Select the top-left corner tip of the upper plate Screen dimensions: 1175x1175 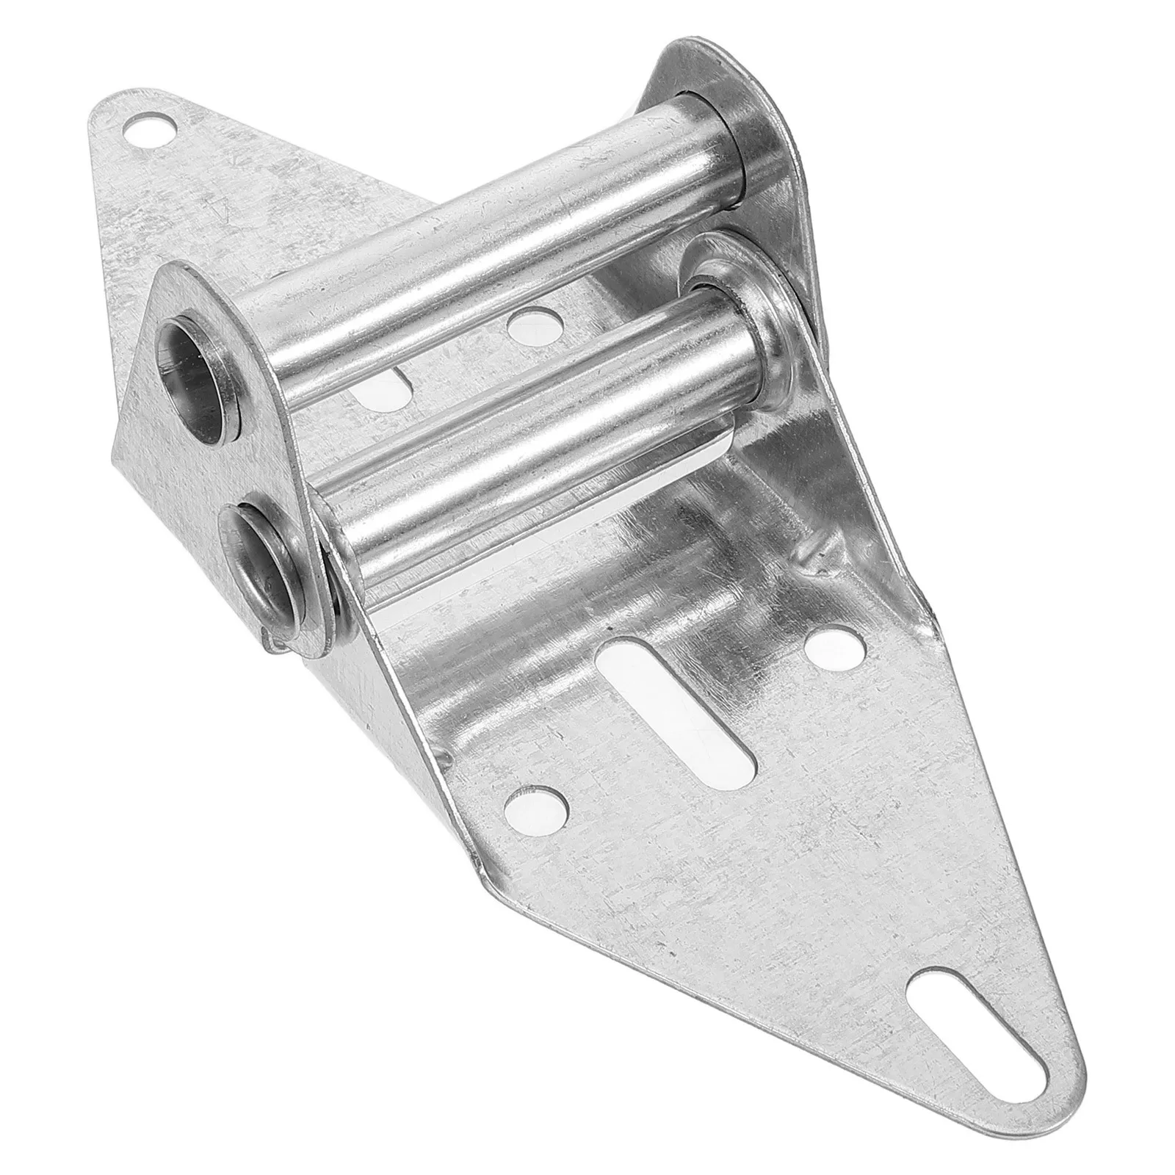pos(99,110)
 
